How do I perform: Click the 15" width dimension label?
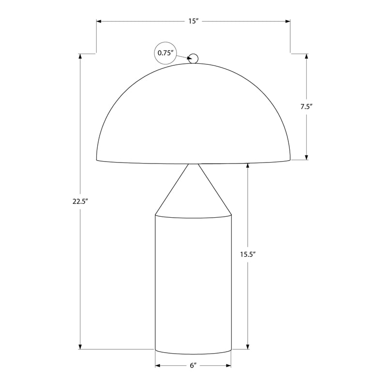pyautogui.click(x=193, y=21)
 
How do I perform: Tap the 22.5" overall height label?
pyautogui.click(x=80, y=202)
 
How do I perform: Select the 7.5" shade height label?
pyautogui.click(x=306, y=106)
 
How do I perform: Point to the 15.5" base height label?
pyautogui.click(x=247, y=253)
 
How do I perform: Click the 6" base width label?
pyautogui.click(x=193, y=365)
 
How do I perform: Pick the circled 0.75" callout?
pyautogui.click(x=165, y=53)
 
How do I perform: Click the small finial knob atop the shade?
pyautogui.click(x=193, y=59)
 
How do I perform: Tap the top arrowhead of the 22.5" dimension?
pyautogui.click(x=80, y=56)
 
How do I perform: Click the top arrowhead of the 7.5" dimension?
pyautogui.click(x=306, y=56)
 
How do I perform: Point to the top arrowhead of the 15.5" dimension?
pyautogui.click(x=248, y=166)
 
